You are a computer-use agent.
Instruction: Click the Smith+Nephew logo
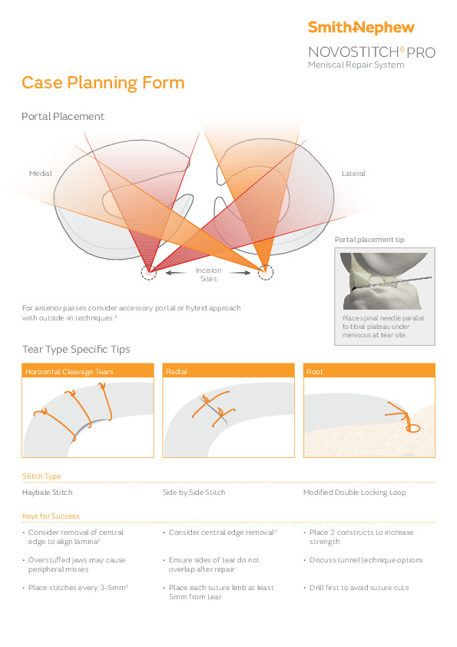pyautogui.click(x=361, y=28)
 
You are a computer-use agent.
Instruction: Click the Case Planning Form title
pyautogui.click(x=103, y=83)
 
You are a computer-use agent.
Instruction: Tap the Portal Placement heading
pyautogui.click(x=63, y=117)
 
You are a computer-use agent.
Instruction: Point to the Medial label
pyautogui.click(x=40, y=174)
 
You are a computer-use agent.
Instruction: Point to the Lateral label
pyautogui.click(x=353, y=174)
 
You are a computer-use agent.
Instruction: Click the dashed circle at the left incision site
pyautogui.click(x=148, y=272)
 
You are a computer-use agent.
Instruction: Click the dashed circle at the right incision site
pyautogui.click(x=266, y=272)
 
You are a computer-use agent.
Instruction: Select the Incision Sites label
pyautogui.click(x=208, y=274)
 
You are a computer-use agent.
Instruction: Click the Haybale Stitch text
pyautogui.click(x=48, y=492)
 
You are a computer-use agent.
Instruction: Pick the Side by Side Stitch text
pyautogui.click(x=194, y=492)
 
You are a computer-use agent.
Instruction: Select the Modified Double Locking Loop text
pyautogui.click(x=354, y=492)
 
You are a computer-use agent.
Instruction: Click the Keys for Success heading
pyautogui.click(x=51, y=516)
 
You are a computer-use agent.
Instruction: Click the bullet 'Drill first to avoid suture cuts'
pyautogui.click(x=359, y=588)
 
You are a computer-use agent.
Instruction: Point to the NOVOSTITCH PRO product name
pyautogui.click(x=372, y=52)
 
